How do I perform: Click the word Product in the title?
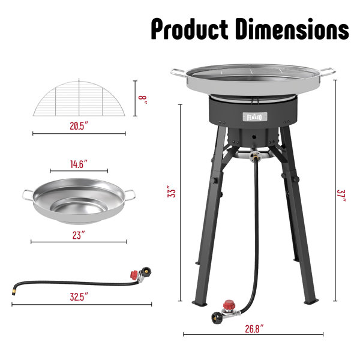tap(190, 29)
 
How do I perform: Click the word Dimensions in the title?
tap(292, 29)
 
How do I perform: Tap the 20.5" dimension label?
tap(79, 126)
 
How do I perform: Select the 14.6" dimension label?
tap(79, 164)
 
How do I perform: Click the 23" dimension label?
tap(79, 235)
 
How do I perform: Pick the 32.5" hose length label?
tap(79, 296)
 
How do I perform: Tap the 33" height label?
tap(172, 191)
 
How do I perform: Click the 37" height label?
tap(341, 196)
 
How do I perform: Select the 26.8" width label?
tap(254, 329)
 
